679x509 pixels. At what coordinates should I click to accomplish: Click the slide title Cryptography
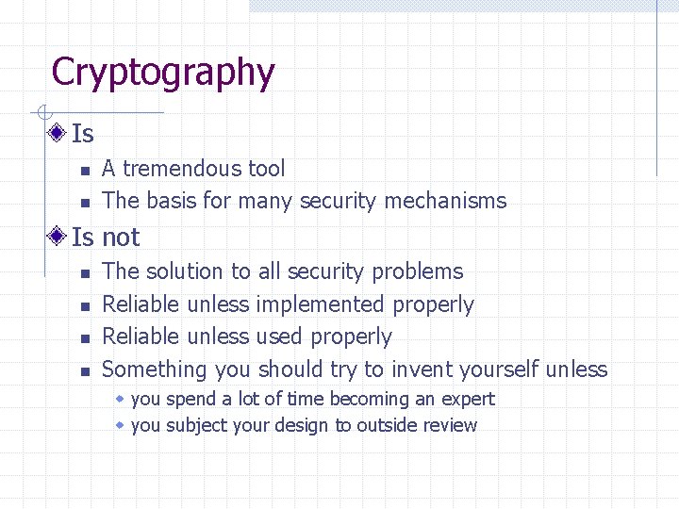pos(163,73)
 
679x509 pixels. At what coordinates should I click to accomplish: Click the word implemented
pos(320,304)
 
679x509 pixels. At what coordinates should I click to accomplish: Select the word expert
pos(467,400)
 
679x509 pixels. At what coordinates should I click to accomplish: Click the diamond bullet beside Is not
pos(58,236)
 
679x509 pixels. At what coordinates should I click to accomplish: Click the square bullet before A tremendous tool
pos(84,171)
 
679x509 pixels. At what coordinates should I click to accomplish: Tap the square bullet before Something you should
pos(84,370)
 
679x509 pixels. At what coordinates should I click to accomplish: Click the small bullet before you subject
pos(120,425)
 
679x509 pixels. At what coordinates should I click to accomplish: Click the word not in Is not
pos(120,238)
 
